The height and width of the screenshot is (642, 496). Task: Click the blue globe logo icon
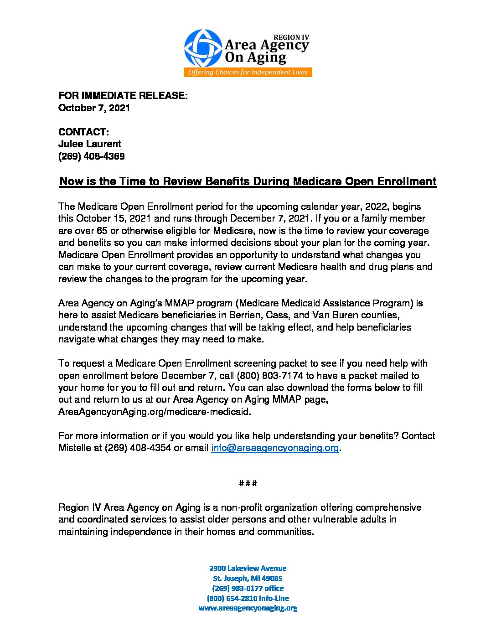pos(203,48)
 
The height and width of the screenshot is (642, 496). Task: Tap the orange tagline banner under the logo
pos(248,72)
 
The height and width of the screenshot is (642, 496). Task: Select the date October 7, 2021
pos(94,108)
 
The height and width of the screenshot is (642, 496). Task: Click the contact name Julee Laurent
pos(90,144)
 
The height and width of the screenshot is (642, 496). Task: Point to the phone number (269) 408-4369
pos(91,156)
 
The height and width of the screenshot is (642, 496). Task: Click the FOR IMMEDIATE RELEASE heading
pos(123,96)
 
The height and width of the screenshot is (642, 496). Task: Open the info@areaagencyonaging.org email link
pos(275,448)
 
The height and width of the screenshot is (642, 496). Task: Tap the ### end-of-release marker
pos(248,483)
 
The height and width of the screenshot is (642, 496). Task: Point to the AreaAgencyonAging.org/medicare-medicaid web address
pos(155,412)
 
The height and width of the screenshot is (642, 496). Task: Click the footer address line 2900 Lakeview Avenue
pos(248,568)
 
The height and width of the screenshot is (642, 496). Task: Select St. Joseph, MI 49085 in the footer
pos(248,578)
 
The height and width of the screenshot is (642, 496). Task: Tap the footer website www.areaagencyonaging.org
pos(248,608)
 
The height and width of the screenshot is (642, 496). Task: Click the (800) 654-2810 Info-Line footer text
pos(248,598)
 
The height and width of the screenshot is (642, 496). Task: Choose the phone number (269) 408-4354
pos(138,448)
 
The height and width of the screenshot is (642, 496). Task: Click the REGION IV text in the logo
pos(291,37)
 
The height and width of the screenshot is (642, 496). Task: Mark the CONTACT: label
pos(83,132)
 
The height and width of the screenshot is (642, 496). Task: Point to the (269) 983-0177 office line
pos(248,588)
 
